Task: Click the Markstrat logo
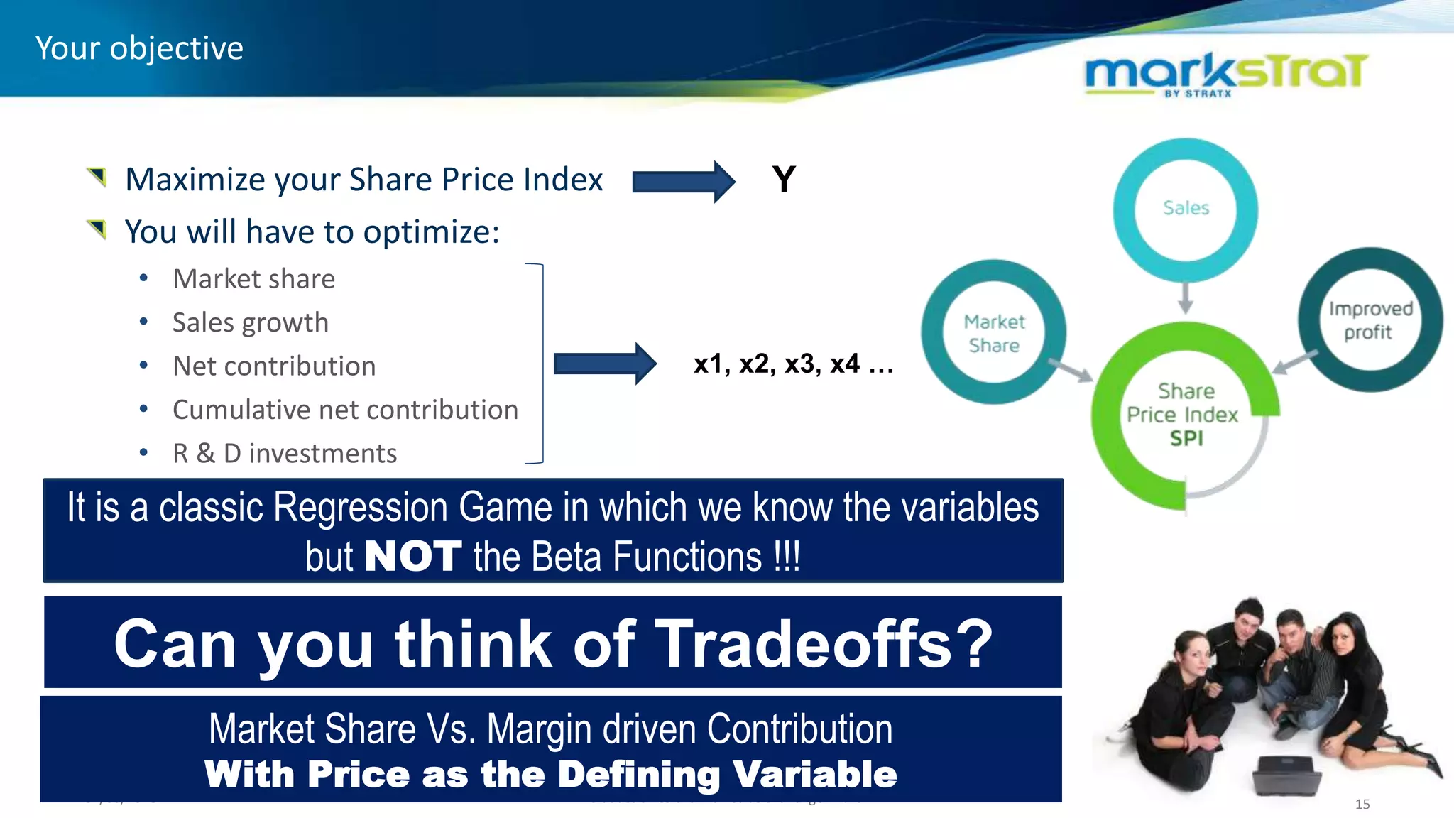pos(1225,73)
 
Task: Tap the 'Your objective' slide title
pos(139,48)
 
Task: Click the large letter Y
pos(784,179)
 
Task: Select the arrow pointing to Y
pos(683,182)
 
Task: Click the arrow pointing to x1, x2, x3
pos(605,364)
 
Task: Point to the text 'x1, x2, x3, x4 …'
pos(793,364)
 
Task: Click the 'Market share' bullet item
pos(253,279)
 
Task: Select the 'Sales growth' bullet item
pos(250,323)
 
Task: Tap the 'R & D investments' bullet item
pos(284,454)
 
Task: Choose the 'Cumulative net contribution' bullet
pos(345,410)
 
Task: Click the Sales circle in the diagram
pos(1186,208)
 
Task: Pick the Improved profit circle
pos(1370,320)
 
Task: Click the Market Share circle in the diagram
pos(994,333)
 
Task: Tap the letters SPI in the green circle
pos(1186,439)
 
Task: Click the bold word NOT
pos(412,556)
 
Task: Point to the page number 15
pos(1362,804)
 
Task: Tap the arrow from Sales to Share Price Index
pos(1185,298)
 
